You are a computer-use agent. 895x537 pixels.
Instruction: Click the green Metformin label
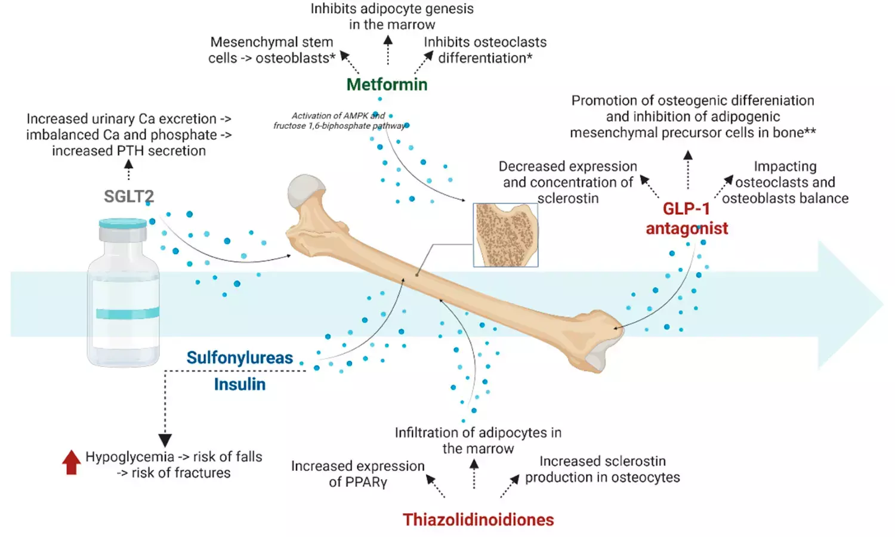[387, 85]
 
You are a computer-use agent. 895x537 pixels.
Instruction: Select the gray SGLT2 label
[129, 196]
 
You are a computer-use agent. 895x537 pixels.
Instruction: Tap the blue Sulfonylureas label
[240, 357]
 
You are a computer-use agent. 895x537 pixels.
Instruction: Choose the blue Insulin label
[240, 384]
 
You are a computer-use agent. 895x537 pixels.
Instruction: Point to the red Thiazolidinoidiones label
[478, 520]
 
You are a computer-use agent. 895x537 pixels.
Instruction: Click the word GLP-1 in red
[686, 209]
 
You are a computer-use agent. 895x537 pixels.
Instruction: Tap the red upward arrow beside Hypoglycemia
[72, 462]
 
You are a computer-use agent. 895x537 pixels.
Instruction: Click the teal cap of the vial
[123, 224]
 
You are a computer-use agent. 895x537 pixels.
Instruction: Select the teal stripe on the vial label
[127, 313]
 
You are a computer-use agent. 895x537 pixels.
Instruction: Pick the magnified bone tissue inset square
[505, 235]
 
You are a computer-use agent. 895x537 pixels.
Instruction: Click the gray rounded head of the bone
[306, 191]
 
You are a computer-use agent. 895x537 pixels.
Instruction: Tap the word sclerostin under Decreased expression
[568, 199]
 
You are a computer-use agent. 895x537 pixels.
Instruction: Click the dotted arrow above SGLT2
[128, 169]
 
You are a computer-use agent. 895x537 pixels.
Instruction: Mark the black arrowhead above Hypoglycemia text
[165, 440]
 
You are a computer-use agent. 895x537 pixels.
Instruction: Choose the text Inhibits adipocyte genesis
[391, 9]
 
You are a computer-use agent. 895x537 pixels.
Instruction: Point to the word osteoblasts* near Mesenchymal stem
[295, 58]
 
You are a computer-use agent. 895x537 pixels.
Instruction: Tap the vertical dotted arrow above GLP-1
[688, 169]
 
